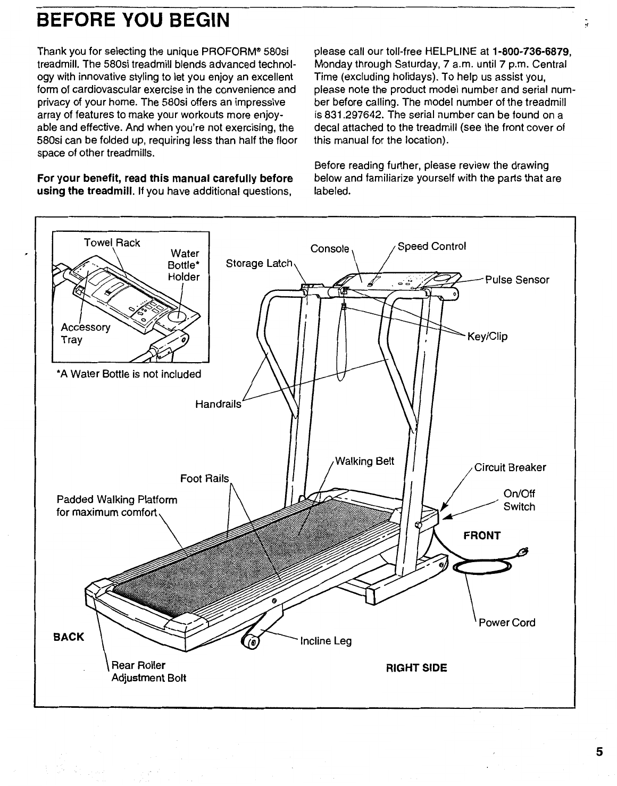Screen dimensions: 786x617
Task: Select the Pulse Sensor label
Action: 517,280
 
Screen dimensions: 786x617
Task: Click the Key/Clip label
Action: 487,336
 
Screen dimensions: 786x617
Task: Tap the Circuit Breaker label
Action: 510,467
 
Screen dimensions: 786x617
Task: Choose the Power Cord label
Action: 507,622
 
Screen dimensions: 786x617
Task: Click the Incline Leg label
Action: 326,641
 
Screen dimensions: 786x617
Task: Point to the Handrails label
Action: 218,404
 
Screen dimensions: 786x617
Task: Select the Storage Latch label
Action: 259,263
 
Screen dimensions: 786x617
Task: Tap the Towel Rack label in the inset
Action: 112,243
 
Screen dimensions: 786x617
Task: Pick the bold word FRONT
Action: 482,535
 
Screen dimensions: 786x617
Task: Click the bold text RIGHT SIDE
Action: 416,667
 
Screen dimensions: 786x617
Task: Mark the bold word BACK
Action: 68,637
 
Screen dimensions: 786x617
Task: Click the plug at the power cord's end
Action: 523,551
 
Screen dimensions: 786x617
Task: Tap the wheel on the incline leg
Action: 251,642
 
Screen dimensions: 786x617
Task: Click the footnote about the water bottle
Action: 129,374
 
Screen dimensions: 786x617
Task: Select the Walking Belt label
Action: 364,461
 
